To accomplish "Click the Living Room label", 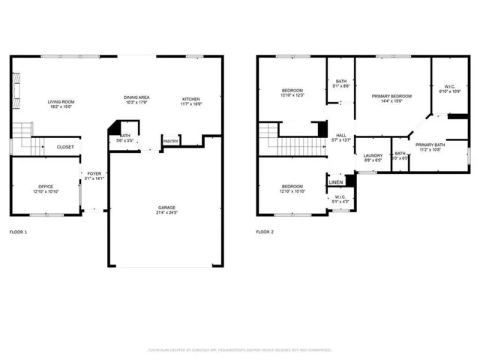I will click(60, 102).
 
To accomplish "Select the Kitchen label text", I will click(190, 98).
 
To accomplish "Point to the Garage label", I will click(166, 207).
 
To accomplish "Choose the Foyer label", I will click(94, 174).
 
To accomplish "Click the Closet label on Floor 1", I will click(65, 147).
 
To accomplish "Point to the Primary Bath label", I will click(430, 145).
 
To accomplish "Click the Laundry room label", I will click(373, 155).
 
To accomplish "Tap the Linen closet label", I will click(336, 182).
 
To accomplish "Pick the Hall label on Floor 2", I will click(341, 136).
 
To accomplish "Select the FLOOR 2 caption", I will click(265, 232).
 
